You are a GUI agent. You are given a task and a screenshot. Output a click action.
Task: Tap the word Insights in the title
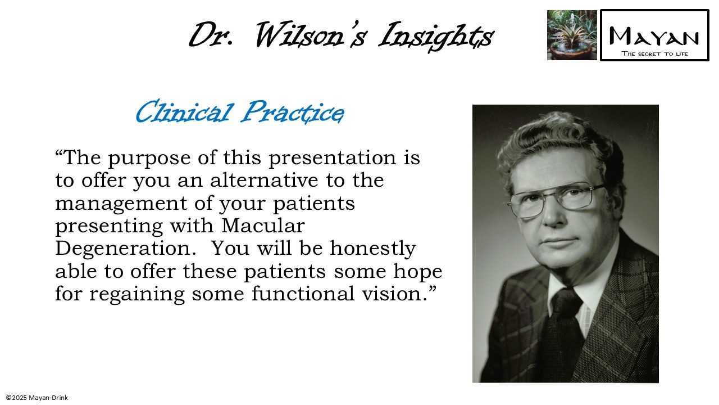(436, 35)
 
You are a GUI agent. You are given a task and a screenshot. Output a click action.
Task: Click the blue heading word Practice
(292, 112)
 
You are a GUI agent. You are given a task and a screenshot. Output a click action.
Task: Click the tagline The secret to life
(654, 54)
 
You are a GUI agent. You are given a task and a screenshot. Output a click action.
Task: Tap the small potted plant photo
(572, 35)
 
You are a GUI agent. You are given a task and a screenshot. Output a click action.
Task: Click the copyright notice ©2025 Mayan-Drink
(37, 398)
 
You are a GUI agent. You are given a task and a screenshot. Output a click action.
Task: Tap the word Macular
(263, 226)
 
